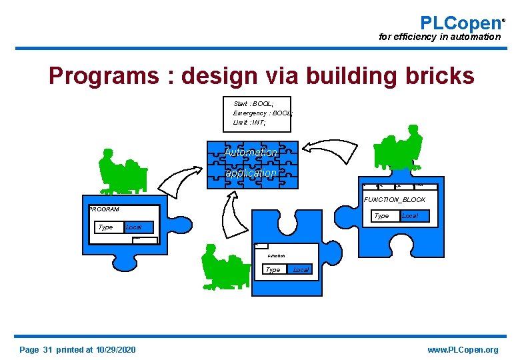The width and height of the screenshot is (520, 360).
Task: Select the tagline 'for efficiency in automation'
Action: click(439, 37)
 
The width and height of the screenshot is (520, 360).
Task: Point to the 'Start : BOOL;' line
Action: click(253, 104)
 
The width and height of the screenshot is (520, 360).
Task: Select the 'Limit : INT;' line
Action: click(249, 123)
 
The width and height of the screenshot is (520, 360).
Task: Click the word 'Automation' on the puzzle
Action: click(251, 153)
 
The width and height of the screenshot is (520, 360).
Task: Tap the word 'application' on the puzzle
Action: click(251, 173)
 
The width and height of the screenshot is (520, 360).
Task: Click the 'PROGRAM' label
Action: click(104, 209)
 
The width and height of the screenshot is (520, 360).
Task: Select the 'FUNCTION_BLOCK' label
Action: click(395, 199)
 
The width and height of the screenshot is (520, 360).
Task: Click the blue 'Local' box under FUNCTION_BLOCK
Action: click(410, 216)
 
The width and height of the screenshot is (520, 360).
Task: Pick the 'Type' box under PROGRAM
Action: click(106, 227)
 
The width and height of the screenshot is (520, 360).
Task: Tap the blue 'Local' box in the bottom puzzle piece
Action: click(301, 269)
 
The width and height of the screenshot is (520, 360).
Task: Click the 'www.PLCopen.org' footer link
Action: click(463, 350)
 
